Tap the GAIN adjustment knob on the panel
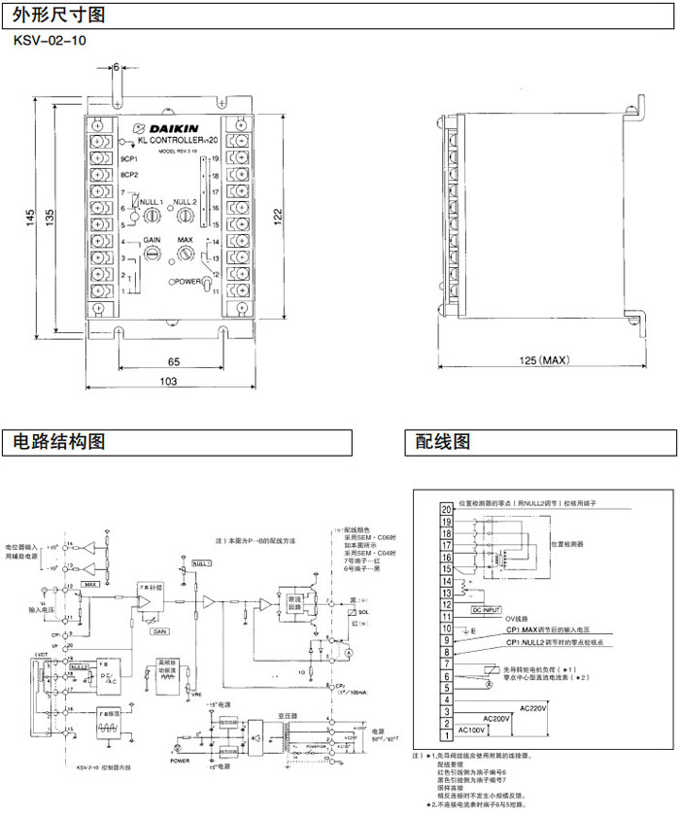(153, 253)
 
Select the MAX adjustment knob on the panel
(185, 253)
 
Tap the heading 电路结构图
(57, 442)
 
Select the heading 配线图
(443, 442)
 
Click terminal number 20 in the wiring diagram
(446, 508)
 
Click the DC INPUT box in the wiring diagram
(491, 608)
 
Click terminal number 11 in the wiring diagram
(446, 616)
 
